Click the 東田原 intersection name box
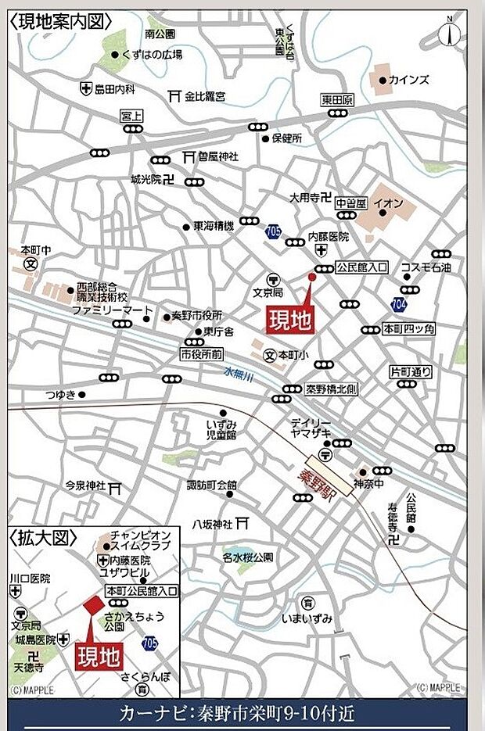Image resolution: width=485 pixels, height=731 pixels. tap(337, 100)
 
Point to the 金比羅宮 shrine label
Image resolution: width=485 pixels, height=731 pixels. tap(205, 96)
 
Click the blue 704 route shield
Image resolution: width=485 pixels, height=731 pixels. tap(399, 303)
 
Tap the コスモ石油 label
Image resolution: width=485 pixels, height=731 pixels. tap(426, 267)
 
